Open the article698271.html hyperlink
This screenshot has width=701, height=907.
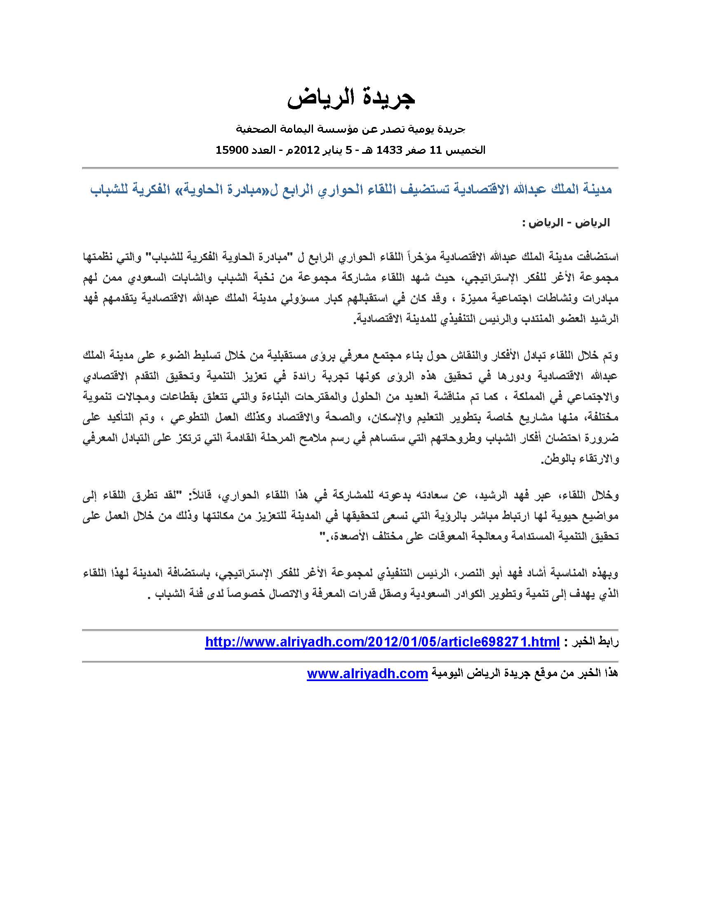click(382, 642)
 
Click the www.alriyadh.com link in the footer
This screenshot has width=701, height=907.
click(367, 673)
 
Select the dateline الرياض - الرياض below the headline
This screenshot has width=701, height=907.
click(566, 223)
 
